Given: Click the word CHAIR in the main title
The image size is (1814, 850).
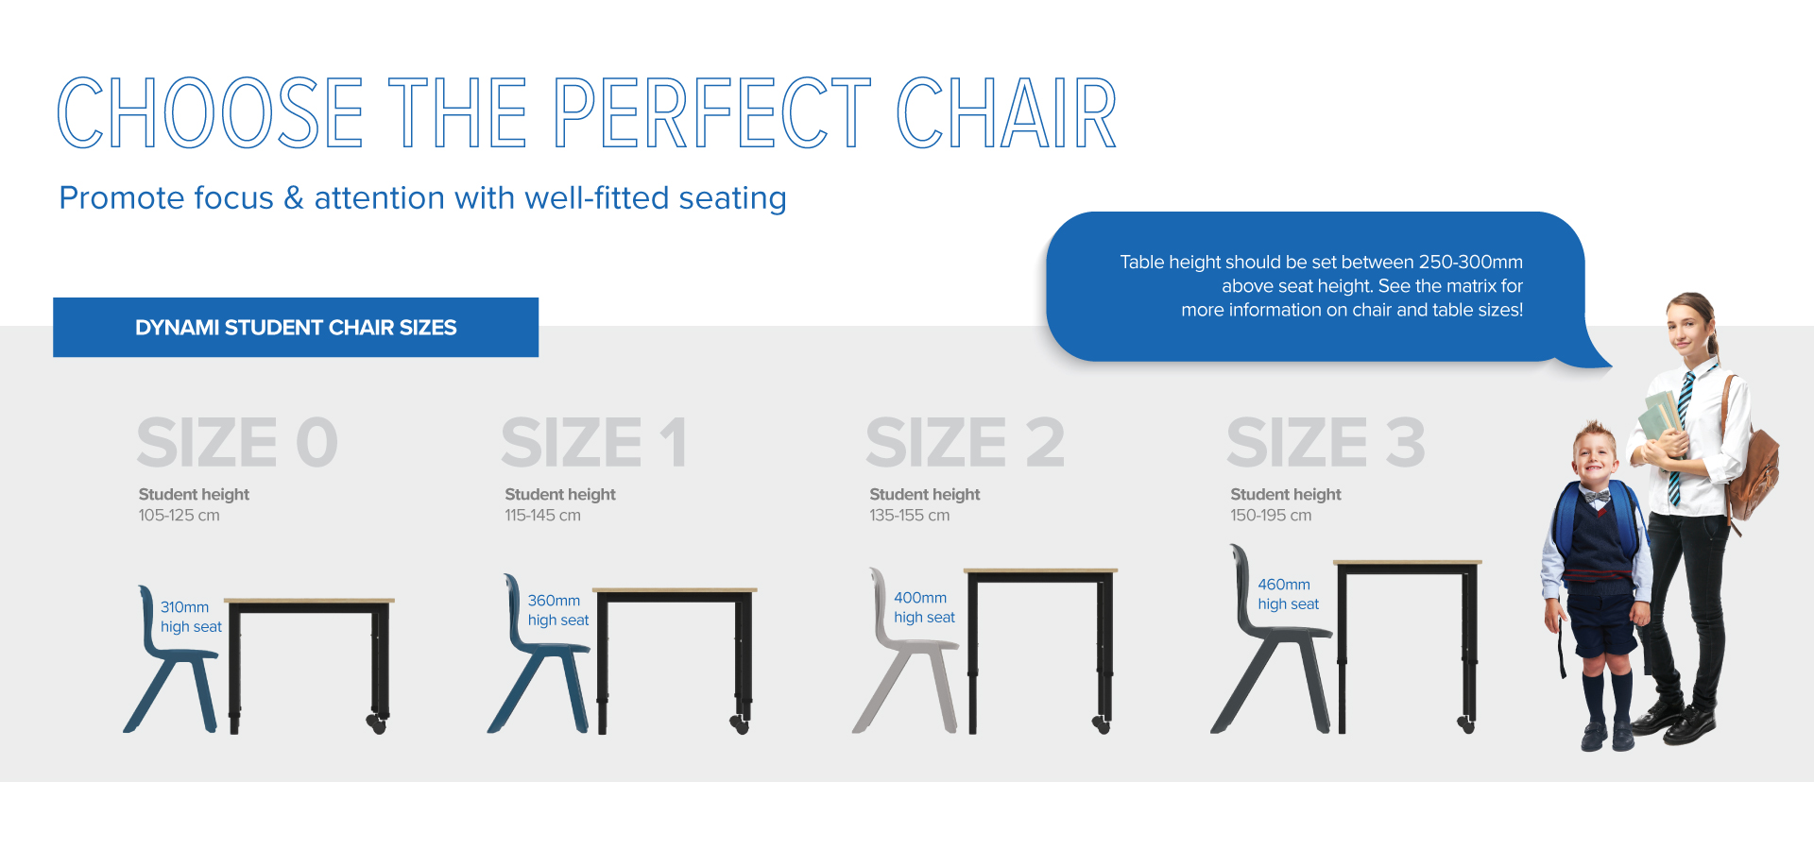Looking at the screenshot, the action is (x=1006, y=113).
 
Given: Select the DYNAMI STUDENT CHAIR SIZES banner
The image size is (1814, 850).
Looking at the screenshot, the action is (x=296, y=328).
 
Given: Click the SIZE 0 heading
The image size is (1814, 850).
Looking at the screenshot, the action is (x=237, y=442).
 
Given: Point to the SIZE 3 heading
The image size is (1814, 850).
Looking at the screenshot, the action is (x=1326, y=442).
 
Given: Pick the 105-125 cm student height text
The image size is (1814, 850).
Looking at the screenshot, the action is (x=179, y=516).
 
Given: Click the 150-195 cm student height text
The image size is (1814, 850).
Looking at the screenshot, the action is (x=1271, y=516).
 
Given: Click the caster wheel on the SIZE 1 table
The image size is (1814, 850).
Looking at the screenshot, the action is (x=740, y=724).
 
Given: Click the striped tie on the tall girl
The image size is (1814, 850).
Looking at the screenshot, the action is (x=1680, y=439).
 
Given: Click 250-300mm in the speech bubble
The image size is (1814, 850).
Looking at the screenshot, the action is (x=1470, y=262).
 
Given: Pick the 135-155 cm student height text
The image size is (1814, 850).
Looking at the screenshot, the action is (x=910, y=516).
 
